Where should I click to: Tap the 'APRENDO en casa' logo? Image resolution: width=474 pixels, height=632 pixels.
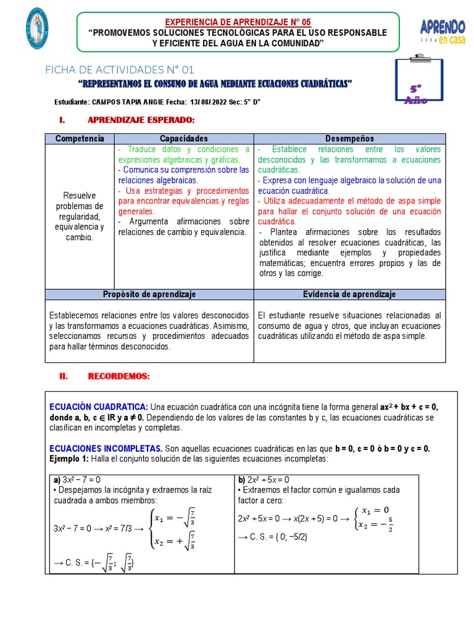tap(442, 31)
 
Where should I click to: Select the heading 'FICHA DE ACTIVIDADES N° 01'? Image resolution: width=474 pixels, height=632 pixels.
tap(120, 69)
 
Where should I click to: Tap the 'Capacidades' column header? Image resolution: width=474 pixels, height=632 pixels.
tap(183, 139)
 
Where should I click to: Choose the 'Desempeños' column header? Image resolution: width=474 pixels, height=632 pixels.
tap(350, 139)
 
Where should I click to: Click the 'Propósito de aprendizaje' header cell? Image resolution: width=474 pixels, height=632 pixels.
tap(149, 294)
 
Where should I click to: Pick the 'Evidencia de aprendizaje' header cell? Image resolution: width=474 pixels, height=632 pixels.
tap(349, 294)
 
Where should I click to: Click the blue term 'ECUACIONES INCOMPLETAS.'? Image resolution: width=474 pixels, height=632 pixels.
tap(106, 448)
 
